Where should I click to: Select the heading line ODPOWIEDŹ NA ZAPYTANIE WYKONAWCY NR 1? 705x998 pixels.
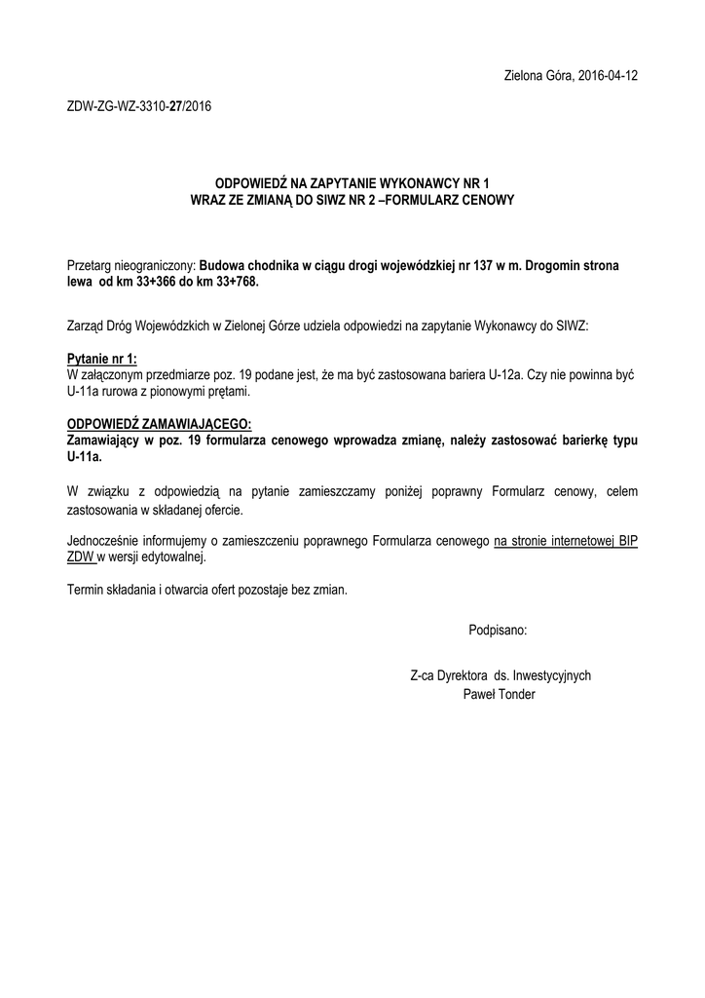(352, 184)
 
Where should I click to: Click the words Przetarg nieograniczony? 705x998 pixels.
(130, 265)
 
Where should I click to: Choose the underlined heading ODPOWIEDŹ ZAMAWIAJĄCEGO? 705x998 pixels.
(159, 423)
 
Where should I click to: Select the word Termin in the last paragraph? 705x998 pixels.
(85, 590)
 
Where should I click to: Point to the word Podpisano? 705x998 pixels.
(497, 631)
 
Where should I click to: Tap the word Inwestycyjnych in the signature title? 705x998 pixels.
(552, 675)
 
